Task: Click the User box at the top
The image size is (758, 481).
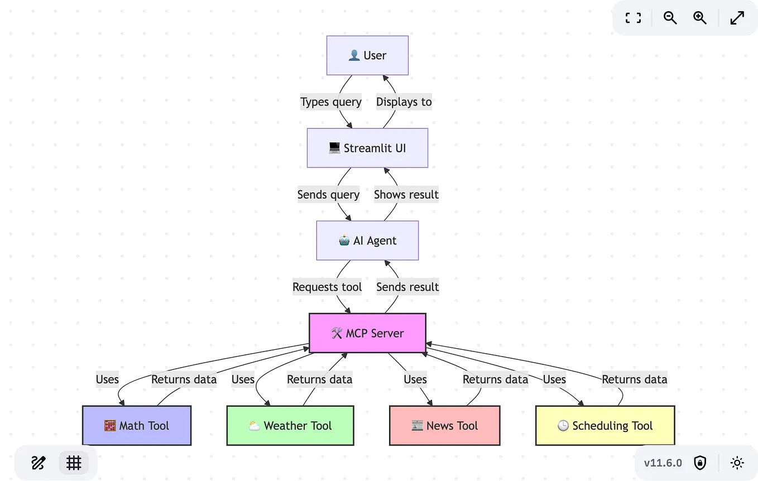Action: [367, 55]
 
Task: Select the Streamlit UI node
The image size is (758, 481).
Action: [367, 148]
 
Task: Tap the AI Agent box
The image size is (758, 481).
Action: [367, 240]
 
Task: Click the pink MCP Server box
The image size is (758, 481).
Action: [367, 333]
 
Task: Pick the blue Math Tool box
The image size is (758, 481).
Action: [137, 426]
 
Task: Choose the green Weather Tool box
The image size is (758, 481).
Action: [290, 426]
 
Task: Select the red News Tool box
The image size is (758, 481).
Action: [444, 426]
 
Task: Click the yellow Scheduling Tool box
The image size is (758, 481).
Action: [605, 426]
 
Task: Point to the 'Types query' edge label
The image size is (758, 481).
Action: [331, 102]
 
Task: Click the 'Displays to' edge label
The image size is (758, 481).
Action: [404, 102]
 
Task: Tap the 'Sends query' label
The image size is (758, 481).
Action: [328, 195]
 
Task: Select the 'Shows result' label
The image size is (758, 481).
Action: [406, 195]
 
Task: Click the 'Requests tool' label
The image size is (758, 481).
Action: [327, 287]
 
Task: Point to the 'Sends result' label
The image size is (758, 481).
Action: [407, 287]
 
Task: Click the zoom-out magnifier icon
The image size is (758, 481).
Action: [670, 18]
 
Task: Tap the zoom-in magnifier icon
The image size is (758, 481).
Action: [700, 18]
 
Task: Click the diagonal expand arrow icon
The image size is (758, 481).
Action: [737, 18]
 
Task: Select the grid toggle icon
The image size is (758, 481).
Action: [74, 463]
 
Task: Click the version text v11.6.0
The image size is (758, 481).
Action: [663, 463]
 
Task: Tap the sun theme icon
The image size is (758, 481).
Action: [737, 463]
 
